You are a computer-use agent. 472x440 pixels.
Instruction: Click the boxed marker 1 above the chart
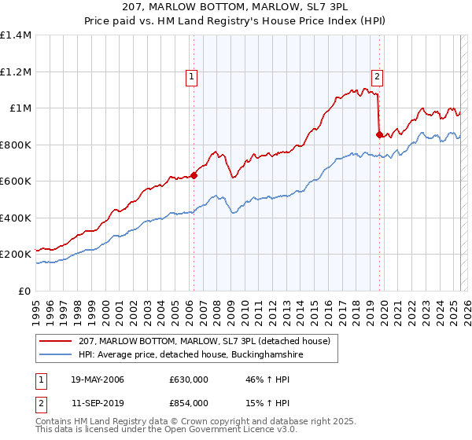[193, 76]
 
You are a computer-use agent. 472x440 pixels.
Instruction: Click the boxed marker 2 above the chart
[378, 76]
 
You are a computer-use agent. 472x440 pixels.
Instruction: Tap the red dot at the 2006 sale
[194, 176]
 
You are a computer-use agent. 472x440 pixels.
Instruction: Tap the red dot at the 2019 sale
[379, 134]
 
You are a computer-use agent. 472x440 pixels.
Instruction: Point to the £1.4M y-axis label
[16, 35]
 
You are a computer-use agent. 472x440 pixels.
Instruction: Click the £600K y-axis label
[16, 181]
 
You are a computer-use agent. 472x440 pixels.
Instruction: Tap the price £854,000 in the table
[189, 402]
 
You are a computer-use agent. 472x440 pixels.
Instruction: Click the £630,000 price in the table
[189, 380]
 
